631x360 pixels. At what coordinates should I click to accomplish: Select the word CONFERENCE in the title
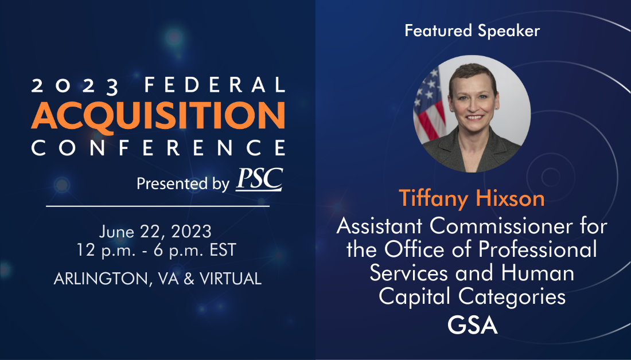click(x=158, y=147)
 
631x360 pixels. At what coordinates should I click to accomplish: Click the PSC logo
click(x=259, y=179)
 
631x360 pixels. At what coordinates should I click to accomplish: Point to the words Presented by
click(x=182, y=183)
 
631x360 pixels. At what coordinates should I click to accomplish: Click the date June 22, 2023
click(x=155, y=232)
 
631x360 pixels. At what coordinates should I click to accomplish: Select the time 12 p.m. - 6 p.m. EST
click(x=157, y=250)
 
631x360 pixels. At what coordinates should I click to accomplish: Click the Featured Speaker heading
click(x=472, y=30)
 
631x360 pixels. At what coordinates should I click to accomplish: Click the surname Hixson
click(x=510, y=198)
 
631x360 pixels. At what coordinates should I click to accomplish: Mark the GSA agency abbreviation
click(x=473, y=326)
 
